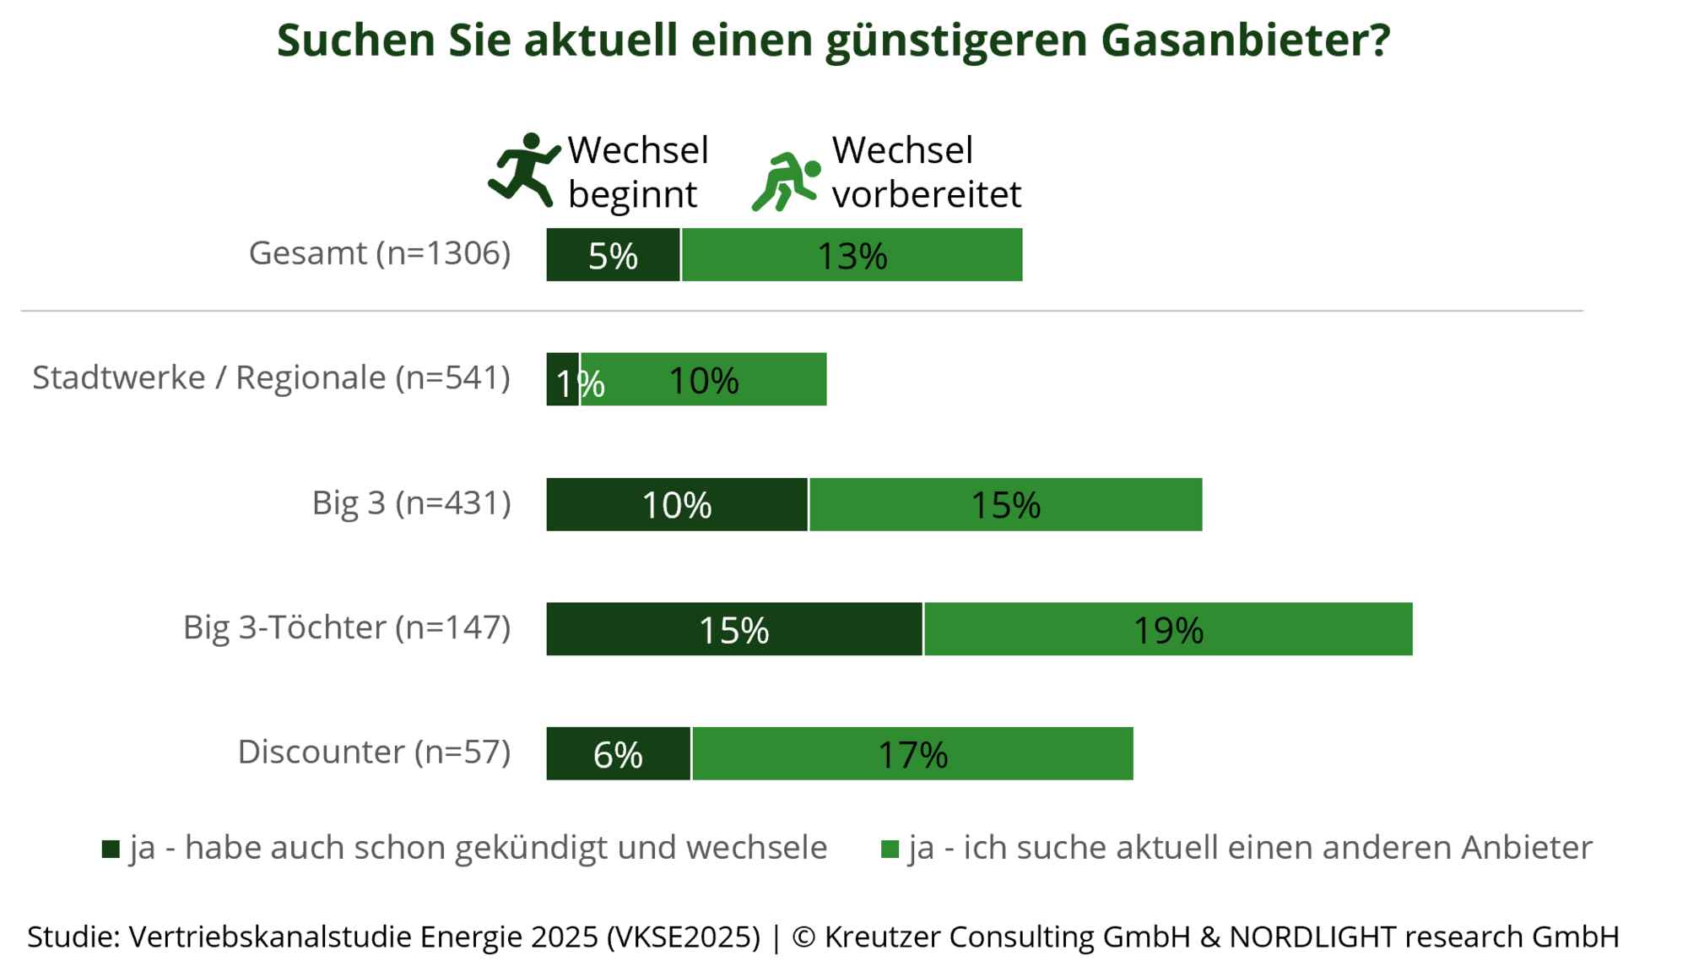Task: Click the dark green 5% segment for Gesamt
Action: [613, 255]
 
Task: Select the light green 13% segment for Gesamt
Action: [852, 255]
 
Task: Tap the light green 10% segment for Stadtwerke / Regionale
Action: [704, 379]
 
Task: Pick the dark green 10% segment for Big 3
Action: [677, 504]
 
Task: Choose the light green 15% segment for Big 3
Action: [1006, 504]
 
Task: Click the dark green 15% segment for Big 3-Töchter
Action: [734, 629]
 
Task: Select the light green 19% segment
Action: [1169, 629]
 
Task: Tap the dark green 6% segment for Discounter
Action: [618, 753]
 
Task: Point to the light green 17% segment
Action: [913, 753]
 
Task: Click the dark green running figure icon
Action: [525, 169]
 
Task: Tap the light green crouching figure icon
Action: [787, 182]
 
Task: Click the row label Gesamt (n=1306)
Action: [380, 253]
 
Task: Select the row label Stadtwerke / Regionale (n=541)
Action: [271, 377]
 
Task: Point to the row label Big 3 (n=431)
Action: [411, 502]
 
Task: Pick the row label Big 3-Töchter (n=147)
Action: [347, 627]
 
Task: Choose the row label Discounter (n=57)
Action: [374, 752]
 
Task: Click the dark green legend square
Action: [111, 849]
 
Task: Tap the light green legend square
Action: [890, 849]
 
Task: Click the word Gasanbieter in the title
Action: [1245, 40]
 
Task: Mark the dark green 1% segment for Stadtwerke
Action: [563, 379]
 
